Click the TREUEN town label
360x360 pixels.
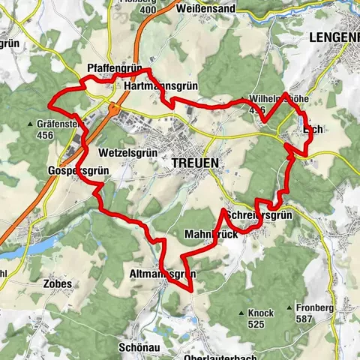coord(194,162)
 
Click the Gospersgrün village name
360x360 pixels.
coord(79,170)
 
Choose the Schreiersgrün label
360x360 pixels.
coord(258,215)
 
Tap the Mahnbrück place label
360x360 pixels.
coord(211,235)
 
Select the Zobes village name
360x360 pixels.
coord(58,284)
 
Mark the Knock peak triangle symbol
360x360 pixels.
coord(241,313)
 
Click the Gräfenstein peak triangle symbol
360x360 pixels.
coord(31,124)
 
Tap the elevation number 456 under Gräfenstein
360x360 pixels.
coord(44,136)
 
